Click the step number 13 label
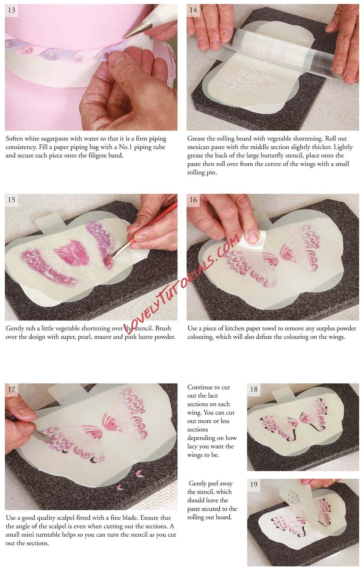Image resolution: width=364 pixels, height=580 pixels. click(x=12, y=10)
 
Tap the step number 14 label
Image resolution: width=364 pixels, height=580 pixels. click(x=193, y=10)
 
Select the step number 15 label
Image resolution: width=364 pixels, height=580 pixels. click(x=12, y=200)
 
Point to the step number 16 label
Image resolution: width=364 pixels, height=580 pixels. click(x=193, y=200)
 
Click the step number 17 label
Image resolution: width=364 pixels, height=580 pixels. click(x=12, y=389)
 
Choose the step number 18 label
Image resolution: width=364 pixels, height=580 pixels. click(x=253, y=389)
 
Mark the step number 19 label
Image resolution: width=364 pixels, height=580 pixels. click(x=253, y=484)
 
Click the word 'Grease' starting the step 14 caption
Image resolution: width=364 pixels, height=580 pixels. click(x=196, y=139)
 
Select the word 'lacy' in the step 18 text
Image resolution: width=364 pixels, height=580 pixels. click(x=193, y=447)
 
